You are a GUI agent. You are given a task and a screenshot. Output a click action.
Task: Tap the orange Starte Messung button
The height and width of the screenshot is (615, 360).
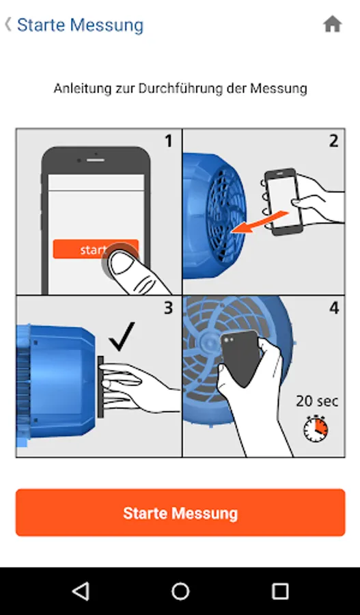[180, 512]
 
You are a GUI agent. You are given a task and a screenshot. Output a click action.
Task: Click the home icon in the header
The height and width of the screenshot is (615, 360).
[333, 25]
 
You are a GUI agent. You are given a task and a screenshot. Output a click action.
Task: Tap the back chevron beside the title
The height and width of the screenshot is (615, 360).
[8, 25]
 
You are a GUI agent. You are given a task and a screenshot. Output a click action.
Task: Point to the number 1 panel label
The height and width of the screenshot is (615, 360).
[168, 141]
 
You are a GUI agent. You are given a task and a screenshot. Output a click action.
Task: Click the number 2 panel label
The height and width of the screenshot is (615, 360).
[333, 141]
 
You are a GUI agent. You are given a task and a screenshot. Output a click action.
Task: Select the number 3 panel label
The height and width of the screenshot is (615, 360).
[168, 308]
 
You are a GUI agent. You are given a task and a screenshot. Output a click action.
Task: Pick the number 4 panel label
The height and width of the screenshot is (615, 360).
[334, 308]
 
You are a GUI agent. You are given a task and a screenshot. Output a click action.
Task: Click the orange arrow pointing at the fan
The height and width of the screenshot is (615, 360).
[260, 223]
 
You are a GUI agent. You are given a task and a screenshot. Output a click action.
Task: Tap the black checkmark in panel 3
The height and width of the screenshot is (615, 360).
[122, 336]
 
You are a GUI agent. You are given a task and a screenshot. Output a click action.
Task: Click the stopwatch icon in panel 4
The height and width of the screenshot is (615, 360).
[316, 428]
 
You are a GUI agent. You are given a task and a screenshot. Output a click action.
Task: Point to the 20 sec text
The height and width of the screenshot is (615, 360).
[317, 401]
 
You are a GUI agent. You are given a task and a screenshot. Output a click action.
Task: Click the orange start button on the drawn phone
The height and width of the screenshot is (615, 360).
[96, 249]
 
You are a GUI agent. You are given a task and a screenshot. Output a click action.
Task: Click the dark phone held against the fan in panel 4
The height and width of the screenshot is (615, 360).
[240, 357]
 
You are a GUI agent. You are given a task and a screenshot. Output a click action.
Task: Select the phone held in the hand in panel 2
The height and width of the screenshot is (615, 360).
[283, 202]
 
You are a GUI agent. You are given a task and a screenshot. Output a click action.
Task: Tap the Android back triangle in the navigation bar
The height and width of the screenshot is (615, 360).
[81, 591]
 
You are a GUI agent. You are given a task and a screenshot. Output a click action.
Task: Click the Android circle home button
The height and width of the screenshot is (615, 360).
[180, 591]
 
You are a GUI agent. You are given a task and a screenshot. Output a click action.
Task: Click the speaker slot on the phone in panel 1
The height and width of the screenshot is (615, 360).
[96, 160]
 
